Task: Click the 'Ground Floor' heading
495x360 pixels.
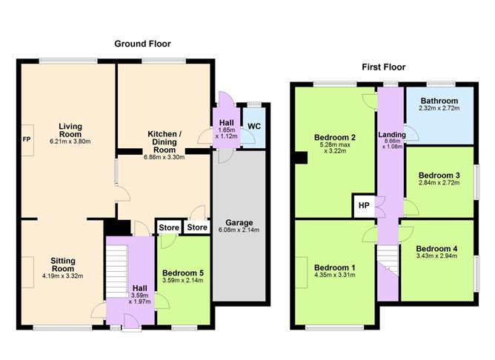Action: point(142,44)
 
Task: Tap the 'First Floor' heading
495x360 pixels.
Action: point(384,67)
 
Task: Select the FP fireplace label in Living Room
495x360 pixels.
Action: point(27,139)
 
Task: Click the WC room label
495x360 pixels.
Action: point(254,127)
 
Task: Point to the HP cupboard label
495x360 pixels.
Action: point(364,205)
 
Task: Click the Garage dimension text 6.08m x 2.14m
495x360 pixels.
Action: point(239,230)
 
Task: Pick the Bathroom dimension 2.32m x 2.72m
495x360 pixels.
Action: point(439,108)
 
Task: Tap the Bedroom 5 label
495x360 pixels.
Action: point(183,273)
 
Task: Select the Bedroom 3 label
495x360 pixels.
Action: point(439,176)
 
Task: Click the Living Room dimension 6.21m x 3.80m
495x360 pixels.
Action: point(70,141)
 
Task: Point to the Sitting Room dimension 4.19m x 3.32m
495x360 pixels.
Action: point(63,276)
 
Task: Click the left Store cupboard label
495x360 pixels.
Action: point(169,227)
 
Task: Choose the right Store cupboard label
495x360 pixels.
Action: point(197,227)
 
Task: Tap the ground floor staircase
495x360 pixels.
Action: point(116,271)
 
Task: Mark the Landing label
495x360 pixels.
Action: point(392,135)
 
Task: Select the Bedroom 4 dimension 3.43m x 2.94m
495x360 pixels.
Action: point(436,256)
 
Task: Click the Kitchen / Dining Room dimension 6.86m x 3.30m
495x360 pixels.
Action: point(165,157)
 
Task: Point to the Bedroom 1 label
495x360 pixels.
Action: point(335,268)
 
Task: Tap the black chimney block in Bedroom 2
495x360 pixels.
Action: point(301,158)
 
